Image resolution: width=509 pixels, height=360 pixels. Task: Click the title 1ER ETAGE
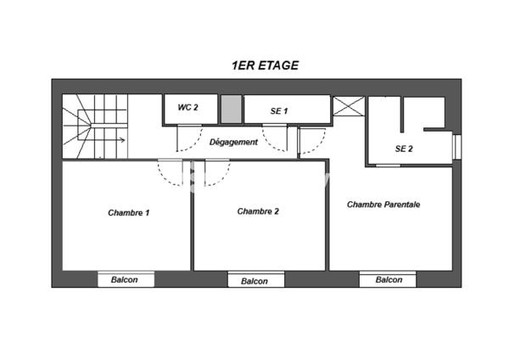(x=265, y=65)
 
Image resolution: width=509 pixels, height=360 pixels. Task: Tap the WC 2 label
(x=187, y=108)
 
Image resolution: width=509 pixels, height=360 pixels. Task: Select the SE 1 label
(x=279, y=111)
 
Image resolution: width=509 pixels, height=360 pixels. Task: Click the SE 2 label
(x=404, y=149)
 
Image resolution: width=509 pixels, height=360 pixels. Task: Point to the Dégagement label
(x=233, y=142)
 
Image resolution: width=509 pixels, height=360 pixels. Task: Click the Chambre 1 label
(x=128, y=212)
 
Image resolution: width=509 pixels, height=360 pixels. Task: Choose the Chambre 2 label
(x=258, y=211)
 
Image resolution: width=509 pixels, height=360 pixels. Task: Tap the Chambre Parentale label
(x=384, y=205)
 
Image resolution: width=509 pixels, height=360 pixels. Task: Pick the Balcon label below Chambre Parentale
(x=388, y=280)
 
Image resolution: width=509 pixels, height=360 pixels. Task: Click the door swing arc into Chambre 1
(x=171, y=175)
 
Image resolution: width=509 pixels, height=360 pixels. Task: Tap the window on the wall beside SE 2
(x=456, y=146)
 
